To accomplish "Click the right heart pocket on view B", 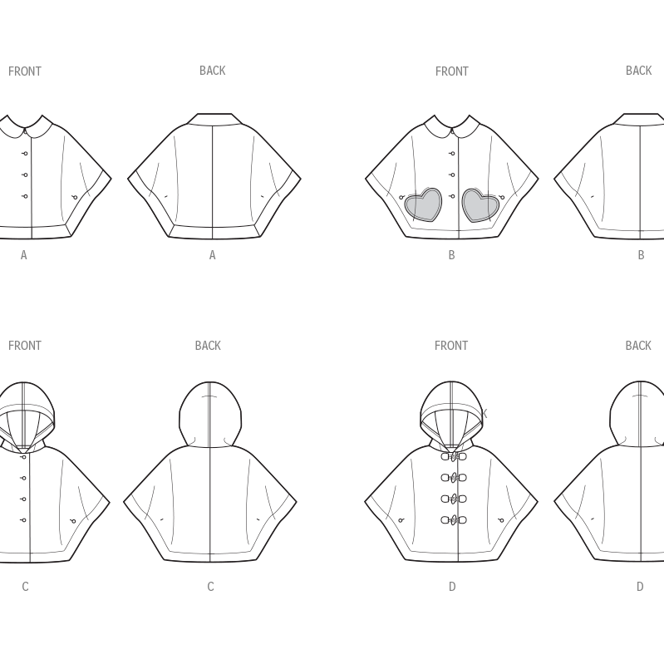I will click(x=480, y=204).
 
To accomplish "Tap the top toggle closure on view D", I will click(x=453, y=456).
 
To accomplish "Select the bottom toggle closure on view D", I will click(x=453, y=520).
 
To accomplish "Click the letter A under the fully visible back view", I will click(x=212, y=255).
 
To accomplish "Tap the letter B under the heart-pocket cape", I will click(x=451, y=255).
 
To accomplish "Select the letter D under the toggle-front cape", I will click(x=452, y=587).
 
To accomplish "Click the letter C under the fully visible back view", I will click(x=210, y=587).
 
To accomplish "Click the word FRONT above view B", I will click(x=451, y=71).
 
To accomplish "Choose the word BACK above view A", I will click(x=212, y=71).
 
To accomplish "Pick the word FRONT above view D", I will click(x=451, y=346).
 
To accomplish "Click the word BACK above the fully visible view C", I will click(x=208, y=346).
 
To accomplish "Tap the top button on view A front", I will click(x=25, y=154).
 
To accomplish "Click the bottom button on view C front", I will click(x=23, y=520).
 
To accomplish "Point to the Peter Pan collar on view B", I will click(x=451, y=128).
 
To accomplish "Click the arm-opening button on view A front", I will click(x=75, y=197).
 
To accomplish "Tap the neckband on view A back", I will click(x=214, y=120).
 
